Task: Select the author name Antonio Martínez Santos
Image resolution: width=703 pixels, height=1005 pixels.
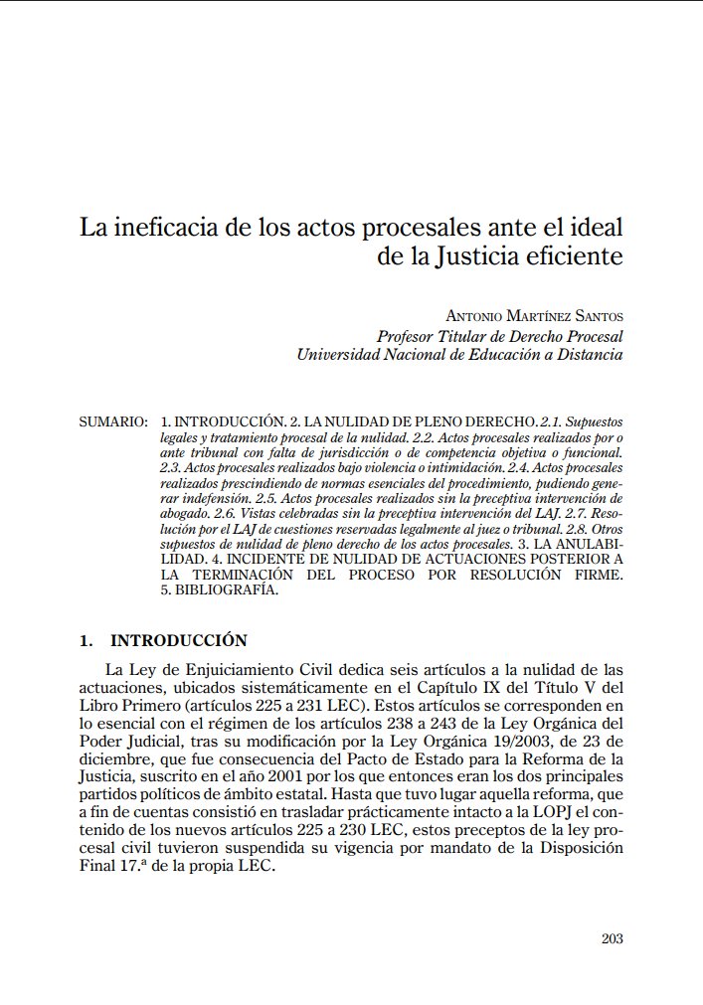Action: pos(534,316)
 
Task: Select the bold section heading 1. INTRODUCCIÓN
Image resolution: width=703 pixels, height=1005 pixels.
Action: pos(164,641)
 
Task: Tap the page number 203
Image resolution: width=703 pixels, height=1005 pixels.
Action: pos(613,937)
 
